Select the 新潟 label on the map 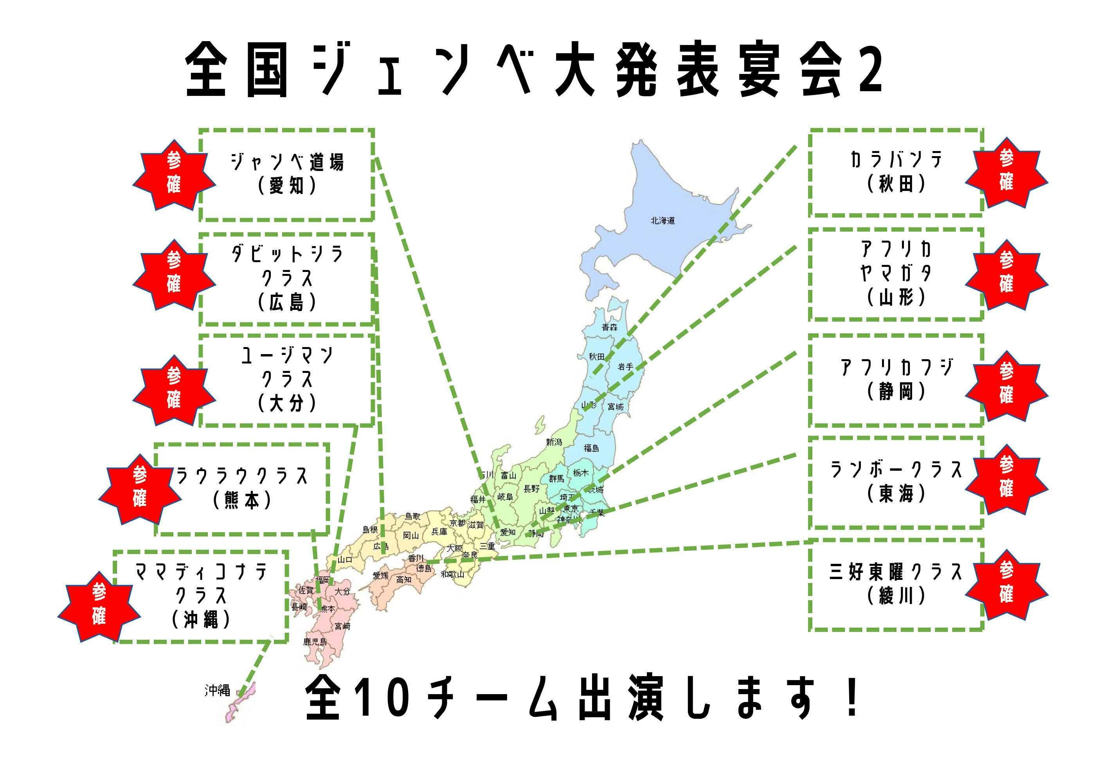(554, 442)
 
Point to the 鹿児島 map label (315, 642)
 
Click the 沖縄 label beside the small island (217, 690)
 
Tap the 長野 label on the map (531, 489)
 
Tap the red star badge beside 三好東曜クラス (1006, 584)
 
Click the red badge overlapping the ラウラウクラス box (140, 489)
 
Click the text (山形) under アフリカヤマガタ (896, 297)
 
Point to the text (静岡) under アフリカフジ (896, 391)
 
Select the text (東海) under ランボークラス (896, 493)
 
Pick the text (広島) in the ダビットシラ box (287, 302)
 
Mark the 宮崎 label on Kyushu (342, 626)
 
